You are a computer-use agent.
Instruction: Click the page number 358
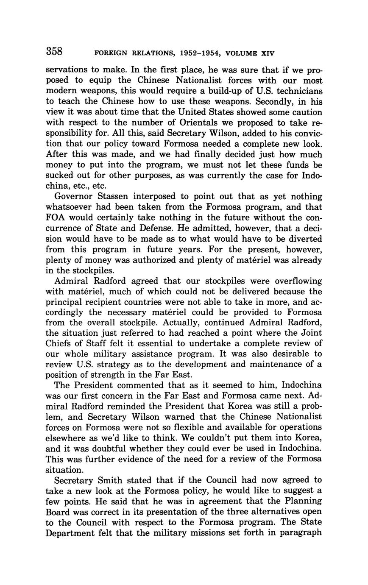(x=54, y=52)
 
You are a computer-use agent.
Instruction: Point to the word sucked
(x=60, y=175)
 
